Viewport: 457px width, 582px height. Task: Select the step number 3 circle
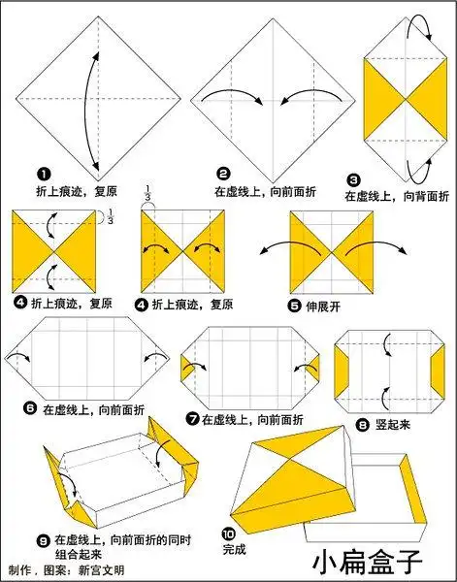click(353, 179)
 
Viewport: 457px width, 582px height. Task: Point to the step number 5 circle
click(295, 305)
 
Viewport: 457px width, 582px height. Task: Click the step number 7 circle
click(194, 418)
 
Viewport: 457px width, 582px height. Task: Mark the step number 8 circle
click(363, 424)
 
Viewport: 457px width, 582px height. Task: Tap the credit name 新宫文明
click(107, 570)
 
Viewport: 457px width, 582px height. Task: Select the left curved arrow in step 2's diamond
click(233, 95)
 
